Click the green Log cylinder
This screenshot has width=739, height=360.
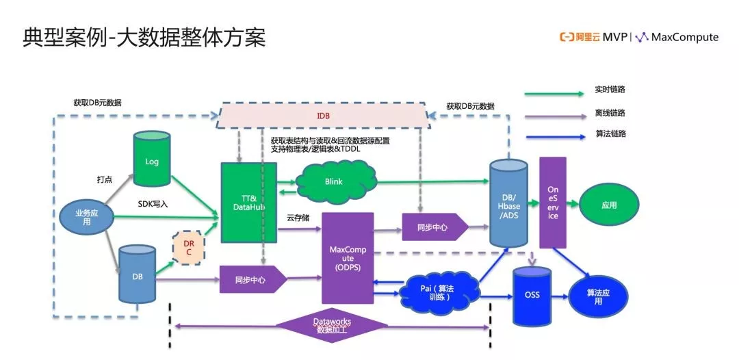152,162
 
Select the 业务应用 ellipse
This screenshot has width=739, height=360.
87,218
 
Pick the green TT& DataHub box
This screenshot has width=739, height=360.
248,202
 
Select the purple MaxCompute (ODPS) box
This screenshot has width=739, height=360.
348,257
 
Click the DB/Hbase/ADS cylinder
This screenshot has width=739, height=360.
508,203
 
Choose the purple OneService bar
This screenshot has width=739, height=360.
553,202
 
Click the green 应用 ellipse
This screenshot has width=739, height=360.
608,205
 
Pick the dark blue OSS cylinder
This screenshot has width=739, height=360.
532,295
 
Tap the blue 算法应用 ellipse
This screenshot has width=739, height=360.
598,296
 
